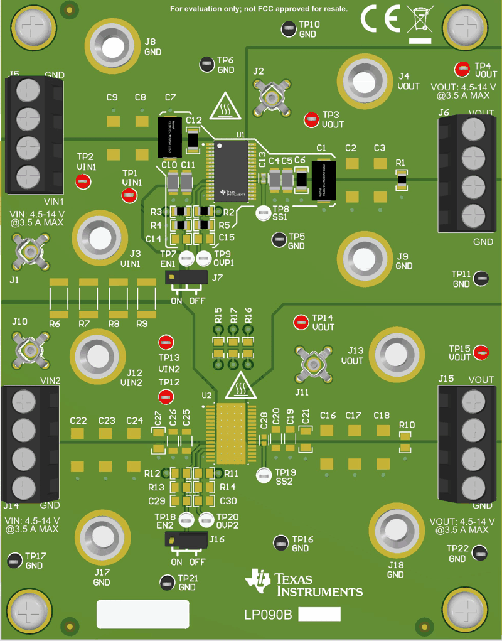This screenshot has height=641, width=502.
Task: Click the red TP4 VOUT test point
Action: click(x=462, y=68)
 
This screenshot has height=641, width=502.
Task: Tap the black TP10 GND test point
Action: click(x=289, y=28)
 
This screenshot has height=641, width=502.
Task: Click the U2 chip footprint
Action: click(x=232, y=433)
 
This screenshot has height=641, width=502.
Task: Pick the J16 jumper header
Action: click(x=186, y=539)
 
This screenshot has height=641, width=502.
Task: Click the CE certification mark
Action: click(x=380, y=21)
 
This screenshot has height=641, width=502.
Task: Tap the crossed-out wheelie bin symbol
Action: click(x=420, y=20)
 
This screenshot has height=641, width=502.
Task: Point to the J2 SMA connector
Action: click(x=271, y=99)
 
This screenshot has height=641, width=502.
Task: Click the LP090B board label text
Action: click(x=268, y=615)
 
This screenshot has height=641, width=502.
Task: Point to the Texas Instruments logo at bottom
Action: click(x=304, y=583)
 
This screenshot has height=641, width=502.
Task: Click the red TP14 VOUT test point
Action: click(x=302, y=323)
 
